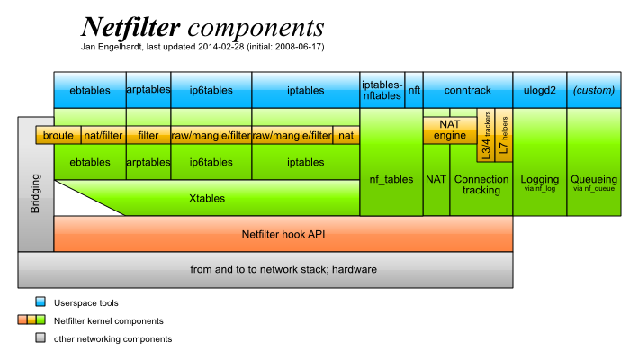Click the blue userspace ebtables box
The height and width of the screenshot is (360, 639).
click(89, 90)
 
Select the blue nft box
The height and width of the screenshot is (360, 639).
click(414, 90)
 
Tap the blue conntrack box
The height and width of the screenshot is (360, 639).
click(468, 90)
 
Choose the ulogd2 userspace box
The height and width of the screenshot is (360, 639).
click(540, 90)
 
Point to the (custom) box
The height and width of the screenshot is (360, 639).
click(594, 90)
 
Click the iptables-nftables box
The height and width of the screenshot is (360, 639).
click(382, 90)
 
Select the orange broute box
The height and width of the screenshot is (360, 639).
click(58, 136)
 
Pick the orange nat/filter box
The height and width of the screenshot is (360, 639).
click(103, 136)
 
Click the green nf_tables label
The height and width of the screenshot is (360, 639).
click(391, 180)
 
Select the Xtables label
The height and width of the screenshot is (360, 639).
click(207, 198)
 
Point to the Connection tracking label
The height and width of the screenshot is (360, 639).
click(481, 184)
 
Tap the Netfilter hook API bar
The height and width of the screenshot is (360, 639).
click(283, 234)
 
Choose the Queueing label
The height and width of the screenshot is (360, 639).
click(594, 179)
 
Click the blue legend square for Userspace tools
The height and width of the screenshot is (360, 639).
click(40, 302)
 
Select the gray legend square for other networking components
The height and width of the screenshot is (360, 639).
click(40, 338)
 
